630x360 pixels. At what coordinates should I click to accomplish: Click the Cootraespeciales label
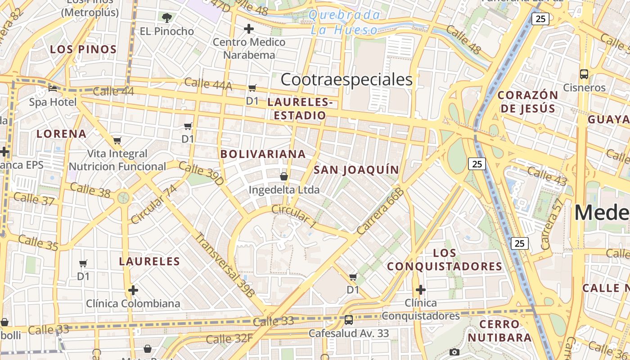[x=346, y=80]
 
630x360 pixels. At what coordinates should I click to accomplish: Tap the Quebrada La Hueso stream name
[x=345, y=22]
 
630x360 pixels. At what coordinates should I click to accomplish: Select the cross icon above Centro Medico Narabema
[x=248, y=29]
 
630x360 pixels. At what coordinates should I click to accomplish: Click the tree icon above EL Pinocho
[x=166, y=18]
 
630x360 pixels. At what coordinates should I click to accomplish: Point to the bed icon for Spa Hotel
[x=53, y=89]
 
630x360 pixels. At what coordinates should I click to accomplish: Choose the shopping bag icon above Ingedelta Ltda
[x=284, y=176]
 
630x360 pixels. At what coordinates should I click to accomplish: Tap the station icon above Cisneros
[x=584, y=74]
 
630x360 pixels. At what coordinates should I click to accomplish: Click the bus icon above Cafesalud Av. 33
[x=349, y=320]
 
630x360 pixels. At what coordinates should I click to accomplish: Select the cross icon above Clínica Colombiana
[x=133, y=290]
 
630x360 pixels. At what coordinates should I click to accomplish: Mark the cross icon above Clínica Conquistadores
[x=421, y=289]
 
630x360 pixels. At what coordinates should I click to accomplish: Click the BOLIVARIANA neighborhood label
[x=263, y=154]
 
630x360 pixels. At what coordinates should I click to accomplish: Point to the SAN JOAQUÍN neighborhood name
[x=356, y=170]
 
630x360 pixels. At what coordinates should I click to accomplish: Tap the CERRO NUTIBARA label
[x=499, y=331]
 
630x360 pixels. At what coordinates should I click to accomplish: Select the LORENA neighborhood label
[x=62, y=134]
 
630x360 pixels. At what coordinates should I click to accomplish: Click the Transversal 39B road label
[x=225, y=265]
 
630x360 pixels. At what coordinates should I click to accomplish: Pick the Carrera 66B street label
[x=381, y=211]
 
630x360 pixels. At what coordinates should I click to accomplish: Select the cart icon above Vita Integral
[x=117, y=140]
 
